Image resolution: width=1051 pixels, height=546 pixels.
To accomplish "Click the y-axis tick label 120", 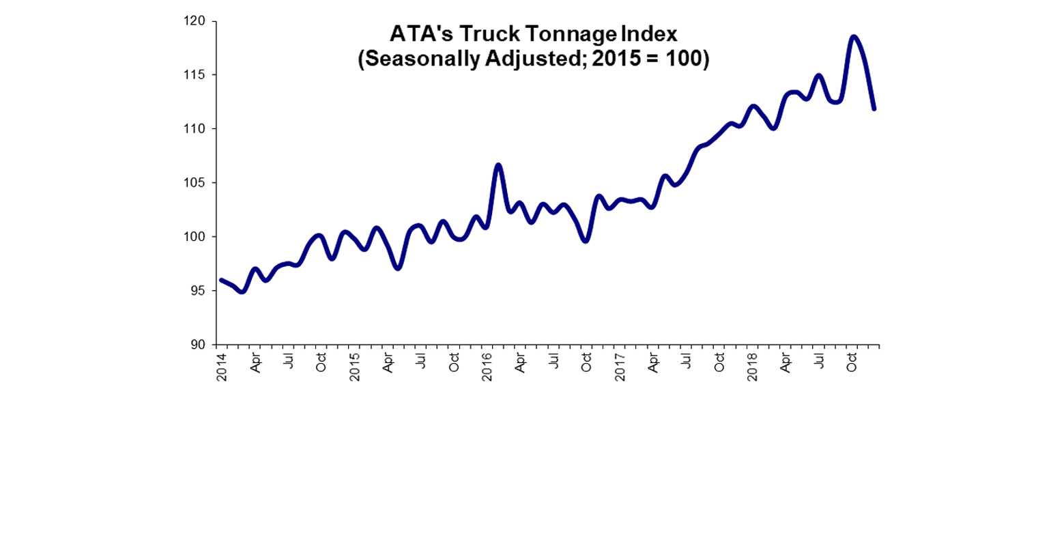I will (197, 21).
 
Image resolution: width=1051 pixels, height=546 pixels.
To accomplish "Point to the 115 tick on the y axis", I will (197, 74).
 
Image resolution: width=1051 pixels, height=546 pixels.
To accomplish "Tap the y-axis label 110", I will (197, 128).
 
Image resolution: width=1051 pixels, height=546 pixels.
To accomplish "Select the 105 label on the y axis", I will (197, 182).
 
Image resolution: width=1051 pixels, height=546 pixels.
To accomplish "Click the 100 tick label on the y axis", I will (197, 236).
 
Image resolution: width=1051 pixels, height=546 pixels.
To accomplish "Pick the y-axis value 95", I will (199, 290).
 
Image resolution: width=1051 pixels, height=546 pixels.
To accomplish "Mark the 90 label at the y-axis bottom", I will (199, 344).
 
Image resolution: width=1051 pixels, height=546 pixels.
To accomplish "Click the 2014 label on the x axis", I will (222, 367).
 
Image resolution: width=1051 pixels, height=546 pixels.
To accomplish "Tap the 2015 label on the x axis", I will (355, 367).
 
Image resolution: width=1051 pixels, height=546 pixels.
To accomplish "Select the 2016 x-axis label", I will (487, 367).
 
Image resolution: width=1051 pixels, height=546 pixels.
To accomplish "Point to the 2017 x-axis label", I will (620, 367).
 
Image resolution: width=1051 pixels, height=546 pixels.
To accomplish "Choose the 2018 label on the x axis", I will (752, 367).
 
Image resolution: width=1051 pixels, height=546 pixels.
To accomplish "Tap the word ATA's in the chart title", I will (416, 34).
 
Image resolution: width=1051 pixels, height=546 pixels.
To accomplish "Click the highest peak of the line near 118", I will (853, 37).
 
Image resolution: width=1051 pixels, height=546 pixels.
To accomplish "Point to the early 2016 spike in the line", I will (498, 165).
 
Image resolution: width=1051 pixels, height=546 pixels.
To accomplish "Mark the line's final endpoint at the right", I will (874, 109).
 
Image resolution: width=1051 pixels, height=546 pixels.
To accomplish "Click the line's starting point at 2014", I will (221, 280).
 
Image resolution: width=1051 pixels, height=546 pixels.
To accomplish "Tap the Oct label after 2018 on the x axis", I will (852, 362).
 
